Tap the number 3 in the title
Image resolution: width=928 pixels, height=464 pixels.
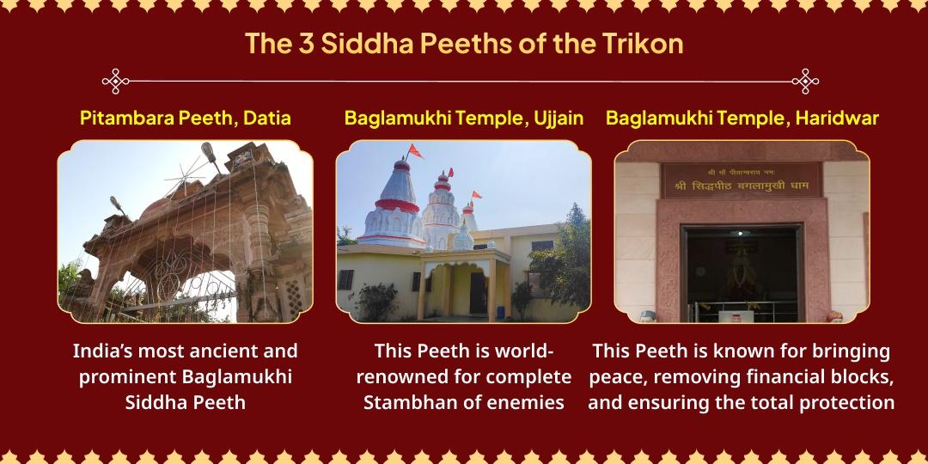point(305,43)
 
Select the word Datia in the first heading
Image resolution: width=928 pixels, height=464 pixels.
point(266,119)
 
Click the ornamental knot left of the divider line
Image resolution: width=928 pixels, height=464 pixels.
point(115,82)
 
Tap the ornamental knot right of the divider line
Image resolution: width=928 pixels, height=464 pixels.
point(805,82)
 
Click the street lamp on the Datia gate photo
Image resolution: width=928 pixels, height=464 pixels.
point(209,153)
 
